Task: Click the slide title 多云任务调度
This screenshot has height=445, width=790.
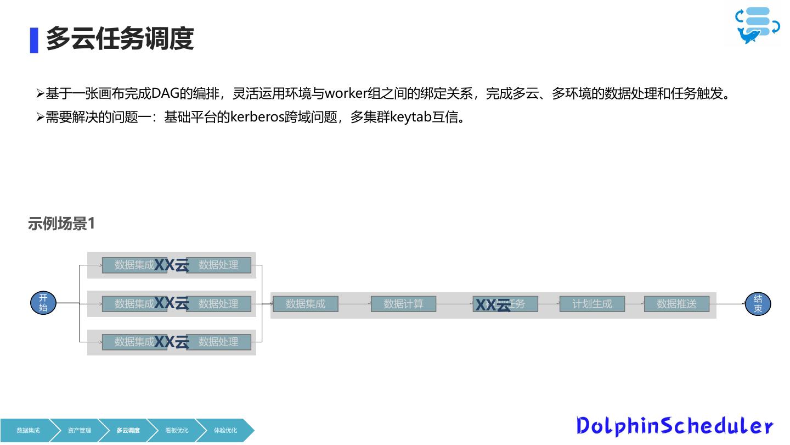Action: [120, 39]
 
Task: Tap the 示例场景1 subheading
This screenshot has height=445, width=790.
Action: [61, 224]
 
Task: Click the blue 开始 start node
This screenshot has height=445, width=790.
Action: [43, 303]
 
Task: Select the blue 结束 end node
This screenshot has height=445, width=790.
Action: [758, 304]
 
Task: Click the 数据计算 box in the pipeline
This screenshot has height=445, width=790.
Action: [403, 304]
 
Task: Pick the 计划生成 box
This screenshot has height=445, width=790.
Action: [592, 304]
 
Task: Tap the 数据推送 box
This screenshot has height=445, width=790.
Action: [676, 304]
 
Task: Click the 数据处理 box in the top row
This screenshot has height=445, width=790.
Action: [218, 265]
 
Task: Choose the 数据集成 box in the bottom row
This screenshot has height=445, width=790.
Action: [134, 342]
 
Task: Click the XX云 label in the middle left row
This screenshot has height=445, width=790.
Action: [172, 303]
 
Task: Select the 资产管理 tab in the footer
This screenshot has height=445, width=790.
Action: [80, 430]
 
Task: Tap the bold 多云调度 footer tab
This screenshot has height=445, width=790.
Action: [128, 430]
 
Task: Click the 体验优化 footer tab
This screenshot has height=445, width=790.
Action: [225, 430]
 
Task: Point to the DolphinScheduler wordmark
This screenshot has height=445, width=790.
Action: [674, 426]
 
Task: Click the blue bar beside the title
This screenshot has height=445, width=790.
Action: [34, 40]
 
